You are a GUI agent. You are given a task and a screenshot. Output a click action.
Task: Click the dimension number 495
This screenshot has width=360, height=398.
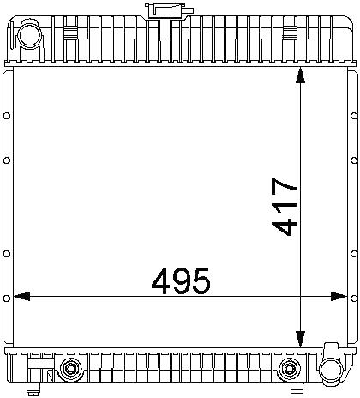[x=181, y=281]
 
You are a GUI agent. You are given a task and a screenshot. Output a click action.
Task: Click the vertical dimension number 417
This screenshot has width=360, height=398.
[x=285, y=207]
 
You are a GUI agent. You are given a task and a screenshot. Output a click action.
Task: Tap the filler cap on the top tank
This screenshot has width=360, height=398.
[x=169, y=11]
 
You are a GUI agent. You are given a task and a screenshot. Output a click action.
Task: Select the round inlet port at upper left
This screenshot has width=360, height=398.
[x=30, y=35]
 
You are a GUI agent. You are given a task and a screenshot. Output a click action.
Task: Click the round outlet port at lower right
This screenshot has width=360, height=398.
[x=331, y=369]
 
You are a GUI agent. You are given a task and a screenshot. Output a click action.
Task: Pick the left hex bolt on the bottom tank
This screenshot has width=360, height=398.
[x=70, y=369]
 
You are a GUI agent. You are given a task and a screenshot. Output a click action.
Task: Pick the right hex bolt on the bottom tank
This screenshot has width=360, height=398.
[x=289, y=369]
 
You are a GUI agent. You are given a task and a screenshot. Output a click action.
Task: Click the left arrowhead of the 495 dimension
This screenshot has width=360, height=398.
[x=21, y=297]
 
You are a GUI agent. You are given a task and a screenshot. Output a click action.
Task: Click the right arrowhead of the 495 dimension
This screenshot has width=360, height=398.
[x=339, y=297]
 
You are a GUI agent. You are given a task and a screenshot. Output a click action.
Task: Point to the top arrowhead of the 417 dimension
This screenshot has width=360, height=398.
[x=300, y=75]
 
